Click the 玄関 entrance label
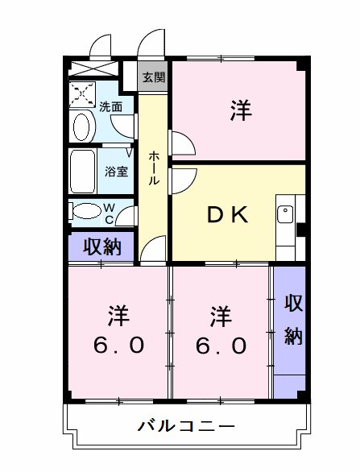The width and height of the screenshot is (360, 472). click(x=154, y=77)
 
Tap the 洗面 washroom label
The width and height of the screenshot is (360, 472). click(x=111, y=106)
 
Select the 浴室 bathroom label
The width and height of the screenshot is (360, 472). click(x=116, y=171)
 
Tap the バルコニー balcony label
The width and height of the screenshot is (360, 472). click(x=185, y=425)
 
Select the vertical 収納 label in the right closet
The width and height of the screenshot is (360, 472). click(x=292, y=320)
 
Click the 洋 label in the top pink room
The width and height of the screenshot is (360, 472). click(x=239, y=110)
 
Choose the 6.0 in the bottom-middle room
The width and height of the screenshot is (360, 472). click(x=219, y=345)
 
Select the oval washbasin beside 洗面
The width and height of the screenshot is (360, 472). click(x=82, y=127)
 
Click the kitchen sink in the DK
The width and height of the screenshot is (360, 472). click(x=284, y=215)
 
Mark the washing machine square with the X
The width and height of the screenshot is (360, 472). click(x=81, y=94)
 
